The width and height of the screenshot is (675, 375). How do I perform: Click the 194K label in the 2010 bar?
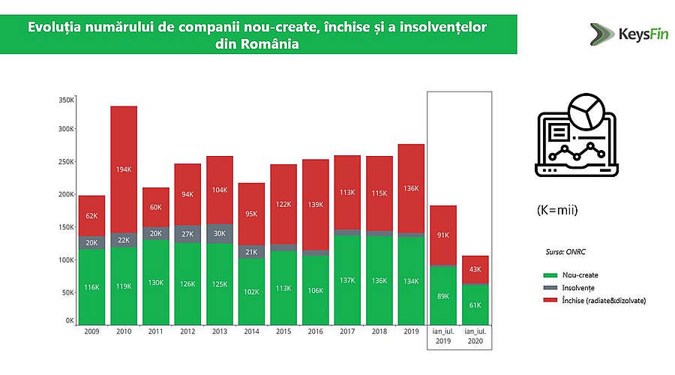click(124, 170)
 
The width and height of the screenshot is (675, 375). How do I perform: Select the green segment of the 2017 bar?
click(347, 279)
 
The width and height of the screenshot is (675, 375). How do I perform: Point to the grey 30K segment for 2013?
click(220, 233)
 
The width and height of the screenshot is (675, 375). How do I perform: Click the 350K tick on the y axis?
click(65, 100)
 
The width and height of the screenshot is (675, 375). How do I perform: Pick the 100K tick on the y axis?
click(65, 259)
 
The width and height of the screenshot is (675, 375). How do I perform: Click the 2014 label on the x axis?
click(251, 331)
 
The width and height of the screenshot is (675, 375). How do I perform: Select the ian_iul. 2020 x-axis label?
click(474, 335)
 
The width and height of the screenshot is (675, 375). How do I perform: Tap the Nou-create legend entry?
click(579, 274)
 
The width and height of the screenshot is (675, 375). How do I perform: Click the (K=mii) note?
click(557, 210)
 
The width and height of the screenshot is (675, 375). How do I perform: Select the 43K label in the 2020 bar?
click(475, 270)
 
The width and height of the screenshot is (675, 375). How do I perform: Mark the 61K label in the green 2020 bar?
click(475, 306)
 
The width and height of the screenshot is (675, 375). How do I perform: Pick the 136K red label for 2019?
click(411, 189)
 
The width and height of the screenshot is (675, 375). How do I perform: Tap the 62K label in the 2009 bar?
click(92, 216)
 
